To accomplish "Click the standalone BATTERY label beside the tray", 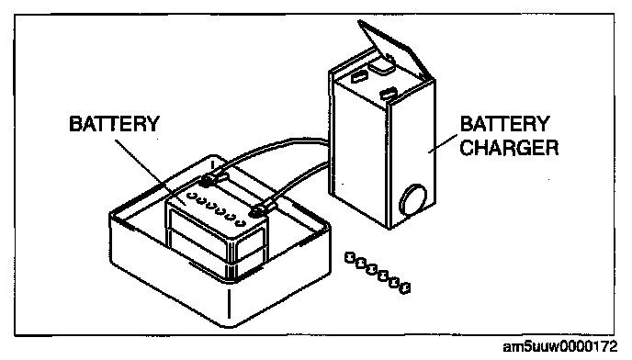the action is coord(115,124).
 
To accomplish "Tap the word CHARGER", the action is coord(509,148).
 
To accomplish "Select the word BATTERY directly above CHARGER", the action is coord(504,124).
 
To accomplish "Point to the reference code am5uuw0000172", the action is coord(560,346).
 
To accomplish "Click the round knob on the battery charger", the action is coord(412,199).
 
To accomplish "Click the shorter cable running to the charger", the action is coord(299,181).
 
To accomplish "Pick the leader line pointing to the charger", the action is coord(443,144).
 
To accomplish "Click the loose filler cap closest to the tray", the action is coord(350,257).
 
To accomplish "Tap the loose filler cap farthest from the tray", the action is coord(404,287).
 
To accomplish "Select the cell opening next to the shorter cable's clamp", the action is coord(241,222).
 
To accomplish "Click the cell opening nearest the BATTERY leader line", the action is coord(191,197).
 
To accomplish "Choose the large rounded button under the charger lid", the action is coord(381,64).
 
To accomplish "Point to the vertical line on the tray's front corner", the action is coord(230,303).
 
